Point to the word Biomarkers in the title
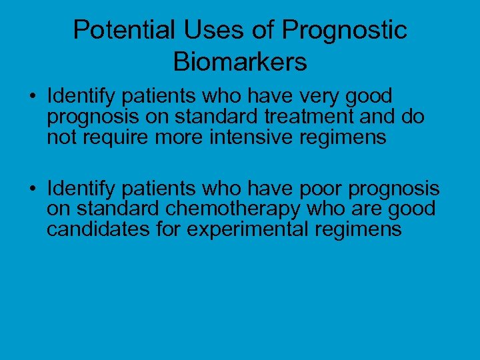click(240, 62)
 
